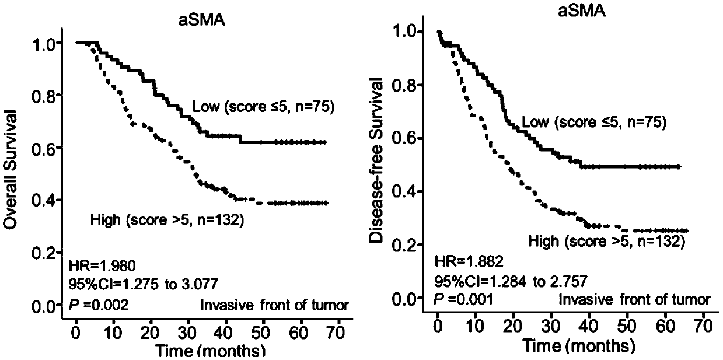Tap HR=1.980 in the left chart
102,267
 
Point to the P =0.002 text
99,305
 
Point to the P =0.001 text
463,299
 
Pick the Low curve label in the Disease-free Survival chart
593,123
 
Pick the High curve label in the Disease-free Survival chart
606,240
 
